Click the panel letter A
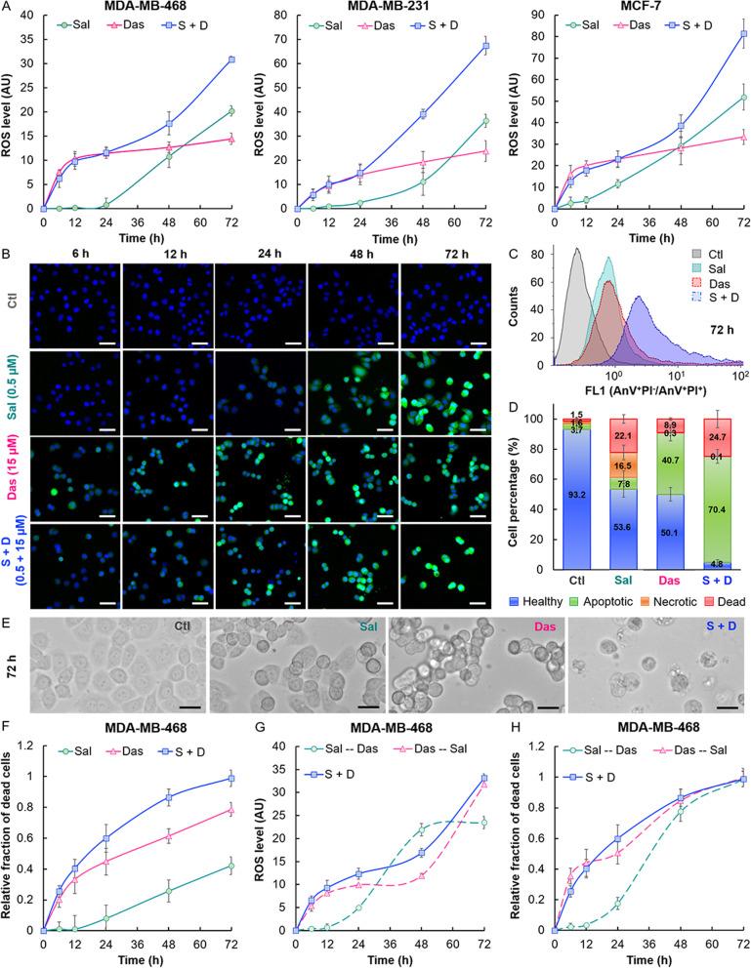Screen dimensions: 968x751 pyautogui.click(x=8, y=8)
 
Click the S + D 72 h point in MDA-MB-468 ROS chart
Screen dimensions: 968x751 pyautogui.click(x=230, y=60)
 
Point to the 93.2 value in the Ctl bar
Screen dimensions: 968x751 pyautogui.click(x=577, y=495)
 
